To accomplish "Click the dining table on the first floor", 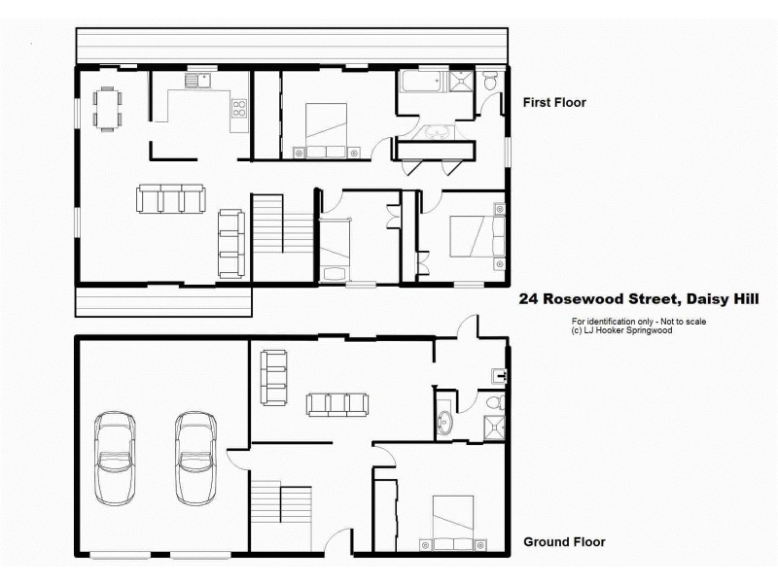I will point(107,108).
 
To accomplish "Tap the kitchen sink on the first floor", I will point(200,82).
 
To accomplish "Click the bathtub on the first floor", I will point(420,83).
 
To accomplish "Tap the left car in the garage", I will point(115,455).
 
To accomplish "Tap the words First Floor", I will point(554,102).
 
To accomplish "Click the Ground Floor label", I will point(564,542).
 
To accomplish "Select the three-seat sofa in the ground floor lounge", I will point(335,403).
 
